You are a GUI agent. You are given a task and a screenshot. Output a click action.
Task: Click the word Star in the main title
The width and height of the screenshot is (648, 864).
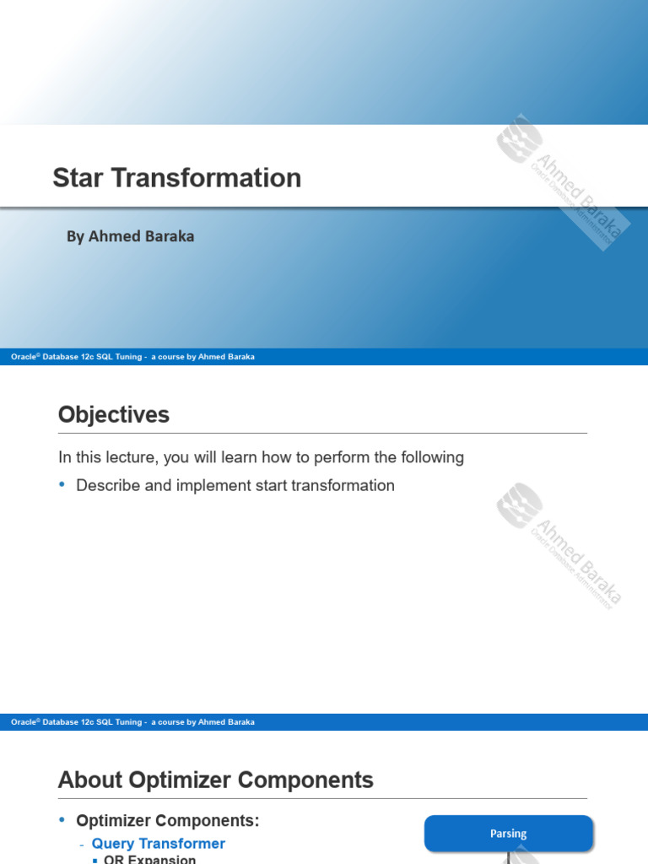click(x=78, y=178)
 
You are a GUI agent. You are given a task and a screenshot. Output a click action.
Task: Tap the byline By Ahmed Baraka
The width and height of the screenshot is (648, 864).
click(x=131, y=237)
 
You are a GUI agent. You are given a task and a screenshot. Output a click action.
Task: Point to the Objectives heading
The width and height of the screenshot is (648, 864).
click(x=114, y=415)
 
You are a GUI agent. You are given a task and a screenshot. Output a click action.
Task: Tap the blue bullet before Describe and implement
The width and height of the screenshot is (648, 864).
click(x=62, y=485)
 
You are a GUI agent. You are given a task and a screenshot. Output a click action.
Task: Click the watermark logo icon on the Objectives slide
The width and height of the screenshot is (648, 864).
click(x=518, y=504)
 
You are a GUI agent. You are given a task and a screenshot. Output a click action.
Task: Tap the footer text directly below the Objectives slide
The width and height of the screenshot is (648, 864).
click(x=132, y=722)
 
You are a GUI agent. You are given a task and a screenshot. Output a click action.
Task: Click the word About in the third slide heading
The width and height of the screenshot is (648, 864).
click(x=88, y=780)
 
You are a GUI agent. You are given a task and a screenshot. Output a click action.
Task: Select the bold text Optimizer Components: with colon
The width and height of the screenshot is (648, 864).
click(x=168, y=821)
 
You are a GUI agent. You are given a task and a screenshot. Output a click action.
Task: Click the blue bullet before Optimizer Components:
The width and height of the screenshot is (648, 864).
click(x=62, y=820)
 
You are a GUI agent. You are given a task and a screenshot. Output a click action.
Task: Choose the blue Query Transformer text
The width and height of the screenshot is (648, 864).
click(x=159, y=844)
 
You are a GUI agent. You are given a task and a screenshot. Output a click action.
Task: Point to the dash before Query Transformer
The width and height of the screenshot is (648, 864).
click(x=82, y=845)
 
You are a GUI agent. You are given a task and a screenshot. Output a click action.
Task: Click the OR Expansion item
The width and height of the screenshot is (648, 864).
click(x=150, y=859)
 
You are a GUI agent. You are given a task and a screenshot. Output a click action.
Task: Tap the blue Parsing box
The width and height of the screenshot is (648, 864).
click(x=508, y=834)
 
